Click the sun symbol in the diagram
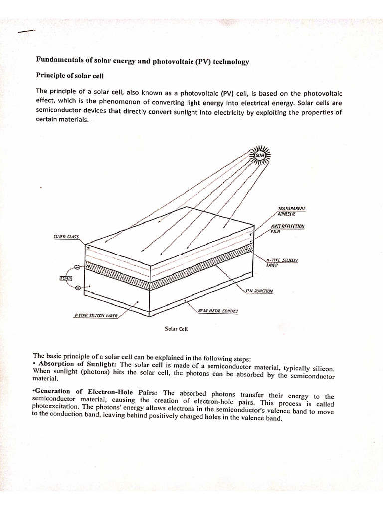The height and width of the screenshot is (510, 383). [259, 156]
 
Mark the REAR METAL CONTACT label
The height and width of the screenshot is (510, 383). [218, 310]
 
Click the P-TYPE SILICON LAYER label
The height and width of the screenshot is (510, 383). [95, 315]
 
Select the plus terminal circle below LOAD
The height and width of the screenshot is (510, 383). [77, 288]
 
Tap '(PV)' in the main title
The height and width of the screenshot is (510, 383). [203, 61]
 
